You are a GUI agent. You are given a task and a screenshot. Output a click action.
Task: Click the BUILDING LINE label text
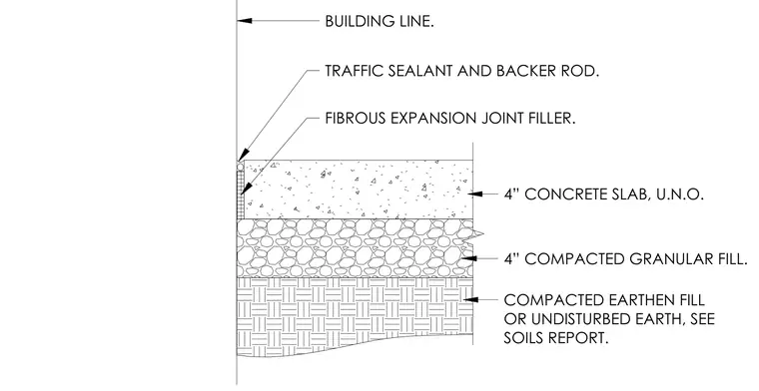[x=379, y=21]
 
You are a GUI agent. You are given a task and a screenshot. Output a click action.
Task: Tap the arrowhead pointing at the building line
[x=245, y=21]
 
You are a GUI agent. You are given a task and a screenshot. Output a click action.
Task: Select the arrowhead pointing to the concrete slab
[x=475, y=194]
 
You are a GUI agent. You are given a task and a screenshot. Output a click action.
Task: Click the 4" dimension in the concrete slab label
[x=511, y=195]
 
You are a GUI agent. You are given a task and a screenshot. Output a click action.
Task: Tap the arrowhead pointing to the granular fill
[x=469, y=259]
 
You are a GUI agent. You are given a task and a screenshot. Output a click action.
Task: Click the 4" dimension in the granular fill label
[x=511, y=259]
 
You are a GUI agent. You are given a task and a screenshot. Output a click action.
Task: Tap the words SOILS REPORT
[x=555, y=338]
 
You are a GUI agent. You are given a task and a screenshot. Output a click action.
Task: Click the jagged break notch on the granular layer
[x=476, y=235]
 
